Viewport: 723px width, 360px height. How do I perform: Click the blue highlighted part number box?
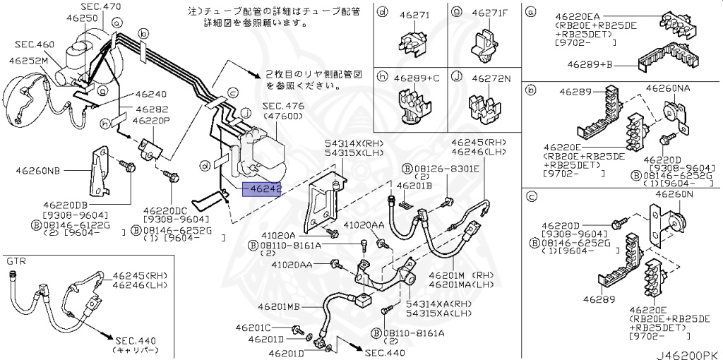(x=261, y=189)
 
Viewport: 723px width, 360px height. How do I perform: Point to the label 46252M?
(x=28, y=61)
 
